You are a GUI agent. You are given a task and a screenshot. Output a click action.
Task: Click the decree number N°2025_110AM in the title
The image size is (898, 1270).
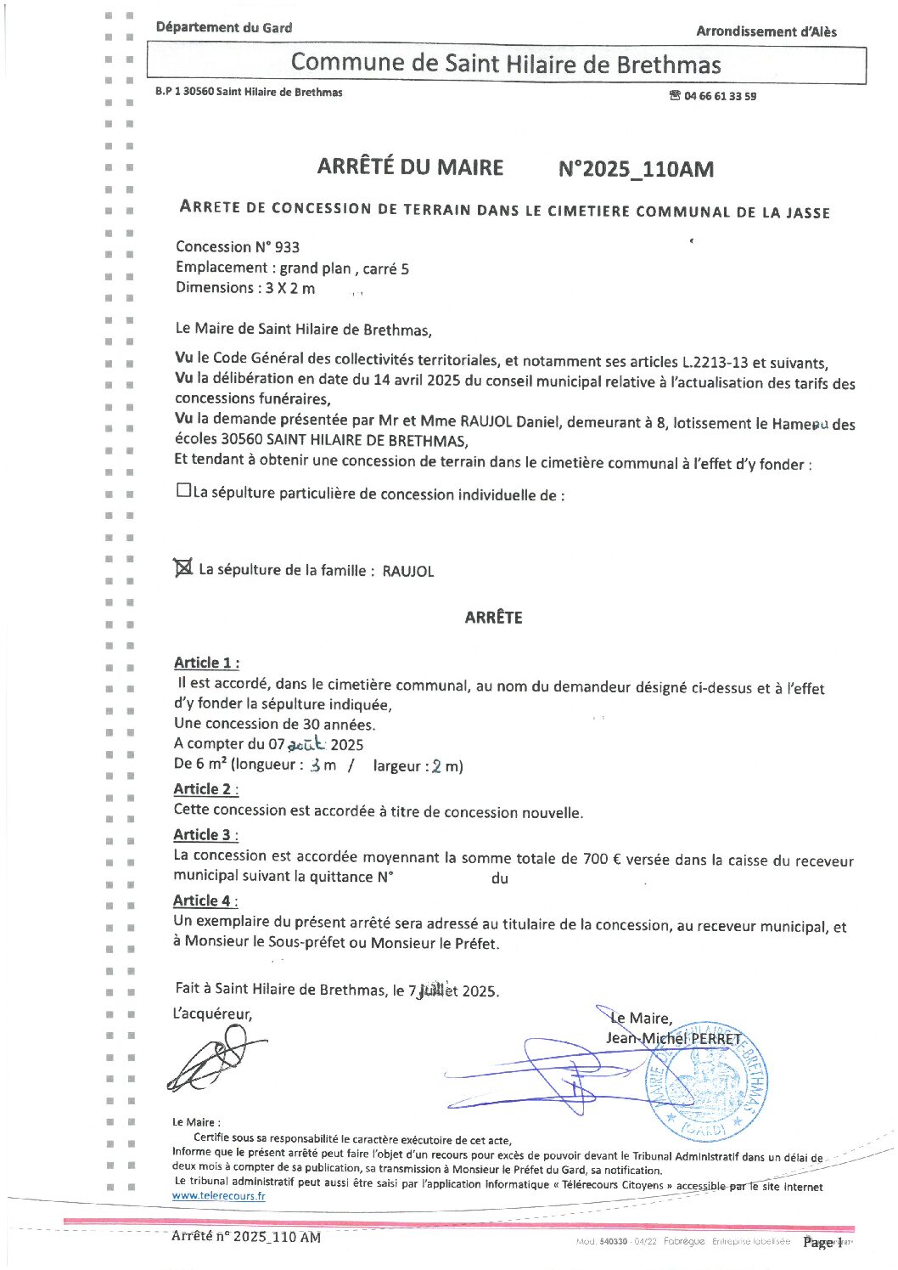[x=636, y=169]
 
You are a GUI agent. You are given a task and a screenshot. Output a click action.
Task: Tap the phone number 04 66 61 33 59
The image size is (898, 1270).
[x=720, y=96]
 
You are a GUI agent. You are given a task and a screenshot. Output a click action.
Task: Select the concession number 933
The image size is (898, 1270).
[x=286, y=247]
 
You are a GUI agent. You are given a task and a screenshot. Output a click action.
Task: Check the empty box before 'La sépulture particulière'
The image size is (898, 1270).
[x=183, y=490]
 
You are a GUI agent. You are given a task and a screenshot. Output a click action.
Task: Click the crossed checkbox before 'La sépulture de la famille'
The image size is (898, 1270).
[x=183, y=567]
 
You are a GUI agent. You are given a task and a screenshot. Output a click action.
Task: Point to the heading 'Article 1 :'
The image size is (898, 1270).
[x=206, y=663]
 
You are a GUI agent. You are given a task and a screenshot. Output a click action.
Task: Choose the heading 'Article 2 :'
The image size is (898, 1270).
[x=205, y=789]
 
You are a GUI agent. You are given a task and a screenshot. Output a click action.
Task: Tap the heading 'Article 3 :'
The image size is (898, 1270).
[x=205, y=835]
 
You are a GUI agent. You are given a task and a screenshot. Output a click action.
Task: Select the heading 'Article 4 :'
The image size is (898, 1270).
[x=205, y=901]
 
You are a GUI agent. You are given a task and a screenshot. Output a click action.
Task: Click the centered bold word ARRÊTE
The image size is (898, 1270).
[x=493, y=618]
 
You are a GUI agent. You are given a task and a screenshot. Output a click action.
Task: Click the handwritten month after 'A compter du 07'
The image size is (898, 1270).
[x=306, y=744]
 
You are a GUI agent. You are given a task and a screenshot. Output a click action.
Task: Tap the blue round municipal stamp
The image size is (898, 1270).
[x=706, y=1081]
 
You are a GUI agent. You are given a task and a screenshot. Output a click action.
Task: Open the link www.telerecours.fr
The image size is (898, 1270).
[x=218, y=1196]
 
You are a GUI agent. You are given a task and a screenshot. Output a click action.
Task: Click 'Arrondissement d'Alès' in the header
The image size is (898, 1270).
[x=766, y=31]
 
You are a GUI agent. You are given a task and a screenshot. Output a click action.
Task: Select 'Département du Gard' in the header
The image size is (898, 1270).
[x=223, y=27]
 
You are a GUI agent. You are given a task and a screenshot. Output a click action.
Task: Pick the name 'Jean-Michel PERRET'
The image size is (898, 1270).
[x=673, y=1038]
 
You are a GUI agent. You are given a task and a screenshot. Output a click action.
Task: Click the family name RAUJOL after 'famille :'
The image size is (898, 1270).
[x=407, y=571]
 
